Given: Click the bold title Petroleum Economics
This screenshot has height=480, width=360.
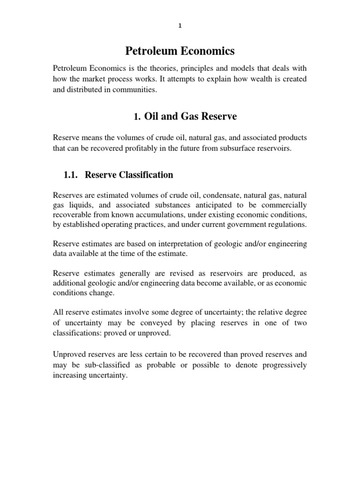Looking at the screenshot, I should (180, 50).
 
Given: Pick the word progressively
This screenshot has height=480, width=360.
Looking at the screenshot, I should (280, 365).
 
